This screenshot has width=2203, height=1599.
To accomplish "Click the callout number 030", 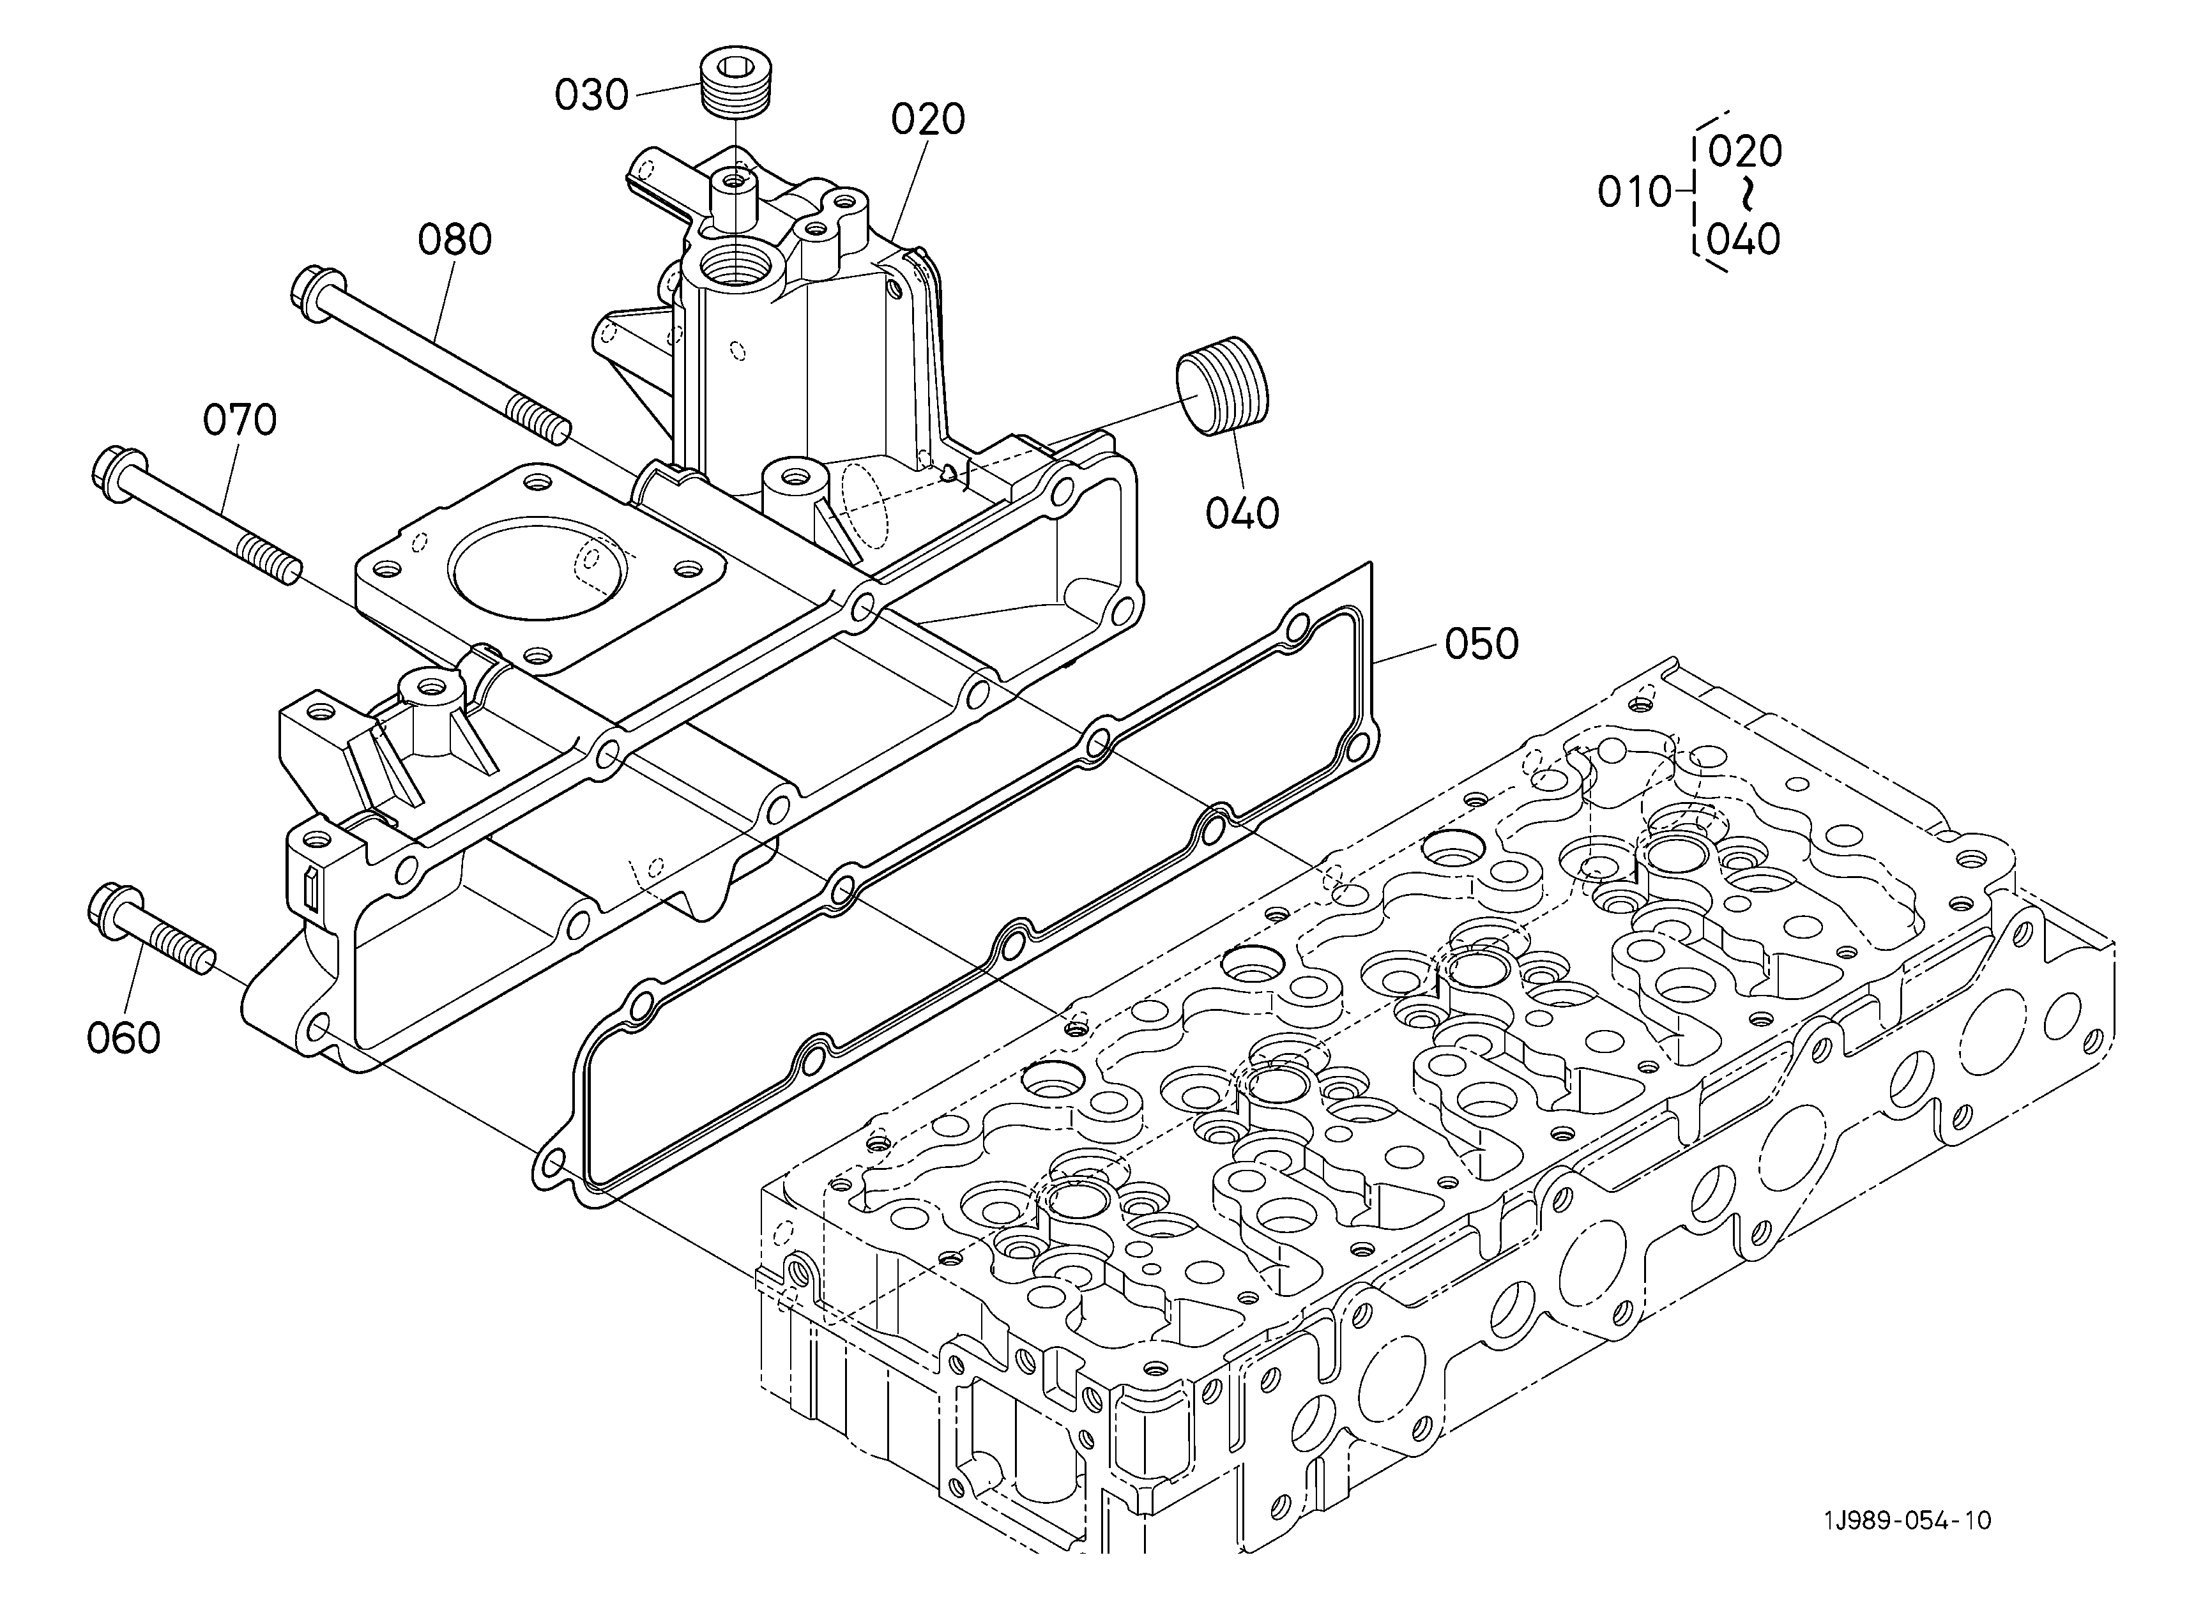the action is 591,95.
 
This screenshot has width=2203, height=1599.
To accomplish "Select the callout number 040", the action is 1242,513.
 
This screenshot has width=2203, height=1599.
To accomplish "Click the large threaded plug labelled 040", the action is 1224,386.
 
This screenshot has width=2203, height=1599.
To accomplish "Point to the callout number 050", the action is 1481,644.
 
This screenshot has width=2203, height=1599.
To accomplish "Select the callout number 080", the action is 455,240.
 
